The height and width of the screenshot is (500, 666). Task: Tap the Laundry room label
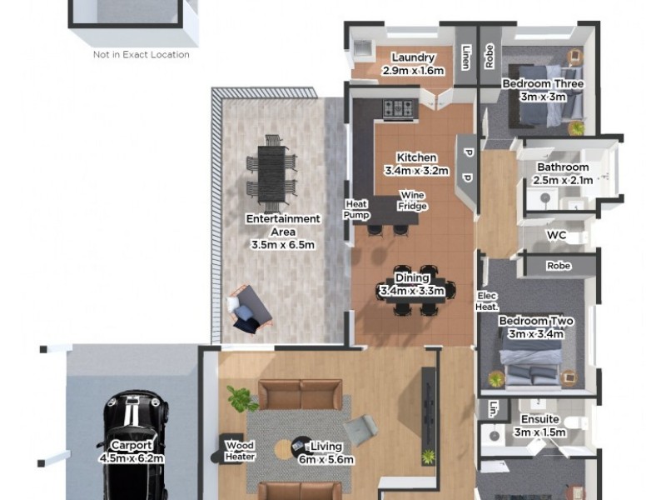point(413,64)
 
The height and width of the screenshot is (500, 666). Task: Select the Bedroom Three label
point(542,90)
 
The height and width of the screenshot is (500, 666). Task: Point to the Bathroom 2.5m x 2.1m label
point(563,173)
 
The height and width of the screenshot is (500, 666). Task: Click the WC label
point(556,236)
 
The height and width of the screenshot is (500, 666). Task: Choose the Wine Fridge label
point(412,201)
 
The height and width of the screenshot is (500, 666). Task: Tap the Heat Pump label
point(356,209)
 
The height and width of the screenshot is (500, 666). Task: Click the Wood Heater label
point(239,451)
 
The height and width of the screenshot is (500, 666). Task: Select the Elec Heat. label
point(487,301)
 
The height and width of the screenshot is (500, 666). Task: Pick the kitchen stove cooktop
point(398,107)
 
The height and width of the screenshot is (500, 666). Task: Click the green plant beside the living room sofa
point(242,399)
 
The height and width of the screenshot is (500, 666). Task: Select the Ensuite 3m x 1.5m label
point(539,426)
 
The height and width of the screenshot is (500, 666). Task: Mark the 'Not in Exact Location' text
point(141,55)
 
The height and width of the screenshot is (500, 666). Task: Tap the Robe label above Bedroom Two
point(558,266)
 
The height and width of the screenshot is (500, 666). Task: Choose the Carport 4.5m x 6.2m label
point(132,452)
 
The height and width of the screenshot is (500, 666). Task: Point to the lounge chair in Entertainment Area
point(248,308)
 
